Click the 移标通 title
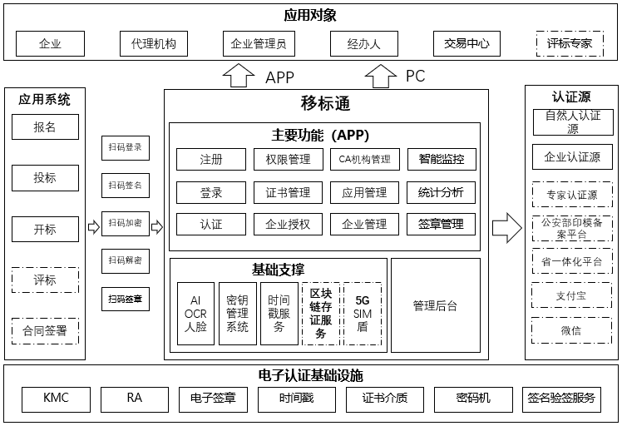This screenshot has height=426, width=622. (x=325, y=104)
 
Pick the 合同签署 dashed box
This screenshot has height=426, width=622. (x=45, y=331)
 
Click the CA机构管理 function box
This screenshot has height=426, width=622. (x=364, y=159)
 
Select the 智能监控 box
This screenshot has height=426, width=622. (x=442, y=159)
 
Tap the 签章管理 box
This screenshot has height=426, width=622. (x=442, y=224)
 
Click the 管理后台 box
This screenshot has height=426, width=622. (x=435, y=305)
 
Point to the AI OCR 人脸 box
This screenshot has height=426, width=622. (x=195, y=314)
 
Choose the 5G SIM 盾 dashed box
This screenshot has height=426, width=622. (x=363, y=314)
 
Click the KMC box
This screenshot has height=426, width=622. (x=56, y=399)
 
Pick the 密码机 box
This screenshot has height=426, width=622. (x=473, y=399)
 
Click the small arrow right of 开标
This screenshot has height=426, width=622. (x=93, y=226)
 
